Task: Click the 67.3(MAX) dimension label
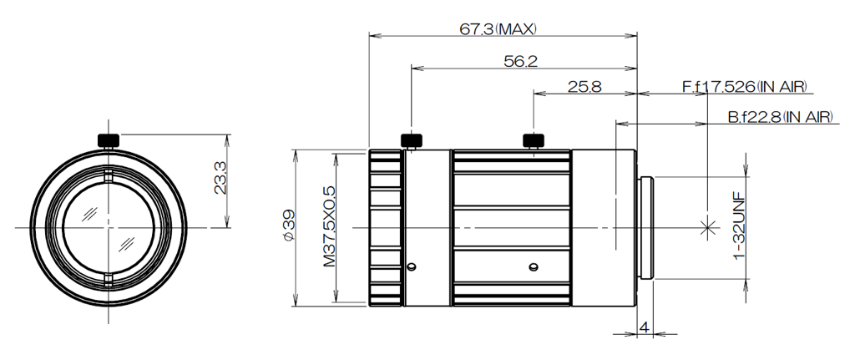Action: click(x=498, y=28)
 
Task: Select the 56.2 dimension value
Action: click(x=520, y=61)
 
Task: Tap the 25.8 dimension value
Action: click(x=584, y=86)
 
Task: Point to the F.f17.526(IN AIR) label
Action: click(x=745, y=86)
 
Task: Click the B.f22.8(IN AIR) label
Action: click(x=781, y=117)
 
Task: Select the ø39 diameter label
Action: click(x=288, y=225)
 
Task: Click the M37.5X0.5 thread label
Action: click(x=329, y=226)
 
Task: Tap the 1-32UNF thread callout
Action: click(x=739, y=226)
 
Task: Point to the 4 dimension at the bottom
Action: click(x=644, y=327)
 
